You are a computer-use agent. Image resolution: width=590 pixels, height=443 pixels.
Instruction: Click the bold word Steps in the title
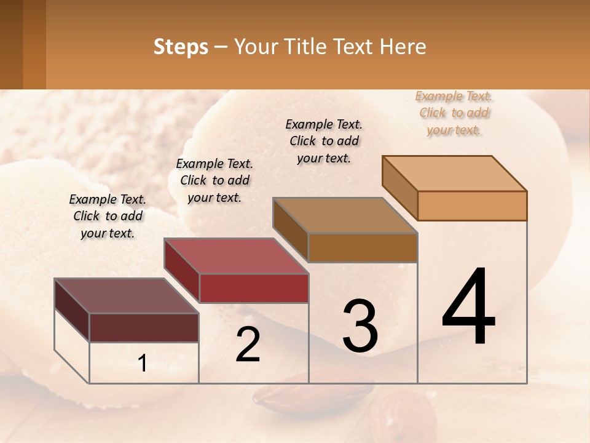click(x=181, y=47)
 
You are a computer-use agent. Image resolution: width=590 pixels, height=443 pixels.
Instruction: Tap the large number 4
click(x=468, y=308)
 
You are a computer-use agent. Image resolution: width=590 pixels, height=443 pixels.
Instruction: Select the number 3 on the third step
click(x=360, y=326)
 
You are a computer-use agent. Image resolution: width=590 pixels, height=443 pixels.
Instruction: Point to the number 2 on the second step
click(x=248, y=345)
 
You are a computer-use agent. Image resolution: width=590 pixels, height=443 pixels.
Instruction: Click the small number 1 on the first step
click(x=143, y=364)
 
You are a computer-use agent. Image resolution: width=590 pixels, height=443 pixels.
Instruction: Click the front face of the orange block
click(x=472, y=206)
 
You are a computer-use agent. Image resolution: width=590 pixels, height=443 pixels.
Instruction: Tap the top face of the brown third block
click(x=345, y=215)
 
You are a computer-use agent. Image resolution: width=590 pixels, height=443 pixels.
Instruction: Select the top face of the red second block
click(x=236, y=256)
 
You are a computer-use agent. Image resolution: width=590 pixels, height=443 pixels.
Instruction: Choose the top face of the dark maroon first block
click(x=127, y=296)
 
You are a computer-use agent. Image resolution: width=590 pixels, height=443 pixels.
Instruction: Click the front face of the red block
click(x=254, y=288)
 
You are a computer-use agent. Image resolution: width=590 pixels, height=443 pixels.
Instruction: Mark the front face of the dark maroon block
click(x=144, y=327)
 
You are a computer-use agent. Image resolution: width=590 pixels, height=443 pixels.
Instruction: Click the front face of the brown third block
click(x=363, y=247)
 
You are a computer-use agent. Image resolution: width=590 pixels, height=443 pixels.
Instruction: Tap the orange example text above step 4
click(x=454, y=113)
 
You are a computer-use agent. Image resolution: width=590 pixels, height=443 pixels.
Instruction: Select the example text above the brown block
click(x=324, y=142)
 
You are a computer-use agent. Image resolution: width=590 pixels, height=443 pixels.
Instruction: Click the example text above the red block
click(x=214, y=181)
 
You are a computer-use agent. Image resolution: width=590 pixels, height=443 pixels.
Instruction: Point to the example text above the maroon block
click(x=108, y=217)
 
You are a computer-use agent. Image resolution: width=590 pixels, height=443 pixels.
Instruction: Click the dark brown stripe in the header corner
click(x=11, y=44)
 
